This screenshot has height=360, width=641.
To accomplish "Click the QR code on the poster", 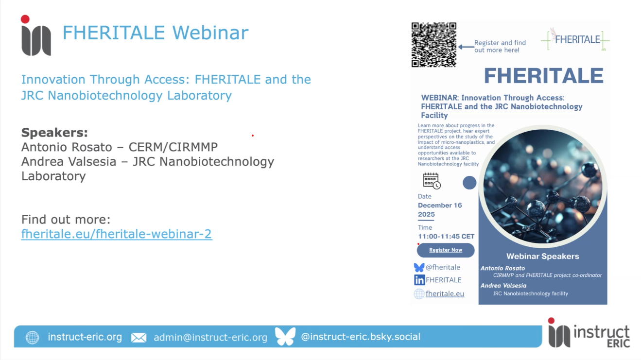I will [433, 45].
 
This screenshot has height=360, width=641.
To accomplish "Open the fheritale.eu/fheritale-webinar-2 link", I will [117, 234].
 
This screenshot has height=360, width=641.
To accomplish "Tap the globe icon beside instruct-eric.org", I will [32, 338].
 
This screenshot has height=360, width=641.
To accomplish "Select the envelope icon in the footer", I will [139, 338].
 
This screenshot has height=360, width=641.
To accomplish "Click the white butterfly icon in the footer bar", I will [285, 337].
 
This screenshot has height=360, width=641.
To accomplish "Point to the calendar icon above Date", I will [431, 181].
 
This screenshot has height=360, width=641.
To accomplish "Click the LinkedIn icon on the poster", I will [419, 280].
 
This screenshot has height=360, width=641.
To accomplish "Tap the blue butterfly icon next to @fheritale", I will [419, 267].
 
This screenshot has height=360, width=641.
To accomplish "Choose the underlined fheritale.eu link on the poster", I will [445, 293].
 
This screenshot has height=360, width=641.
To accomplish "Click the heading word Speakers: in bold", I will [54, 133].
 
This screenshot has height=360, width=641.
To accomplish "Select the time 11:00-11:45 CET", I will [446, 237].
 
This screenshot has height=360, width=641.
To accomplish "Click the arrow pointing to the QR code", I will [466, 47].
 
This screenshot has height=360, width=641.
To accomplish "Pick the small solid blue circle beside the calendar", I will [469, 183].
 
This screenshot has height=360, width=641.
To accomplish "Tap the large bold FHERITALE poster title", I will [543, 76].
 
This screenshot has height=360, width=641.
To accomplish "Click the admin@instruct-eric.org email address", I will [210, 337].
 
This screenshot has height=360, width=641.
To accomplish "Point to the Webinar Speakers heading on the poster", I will [542, 256].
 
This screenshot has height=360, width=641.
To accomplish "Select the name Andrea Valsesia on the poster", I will [503, 286].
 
